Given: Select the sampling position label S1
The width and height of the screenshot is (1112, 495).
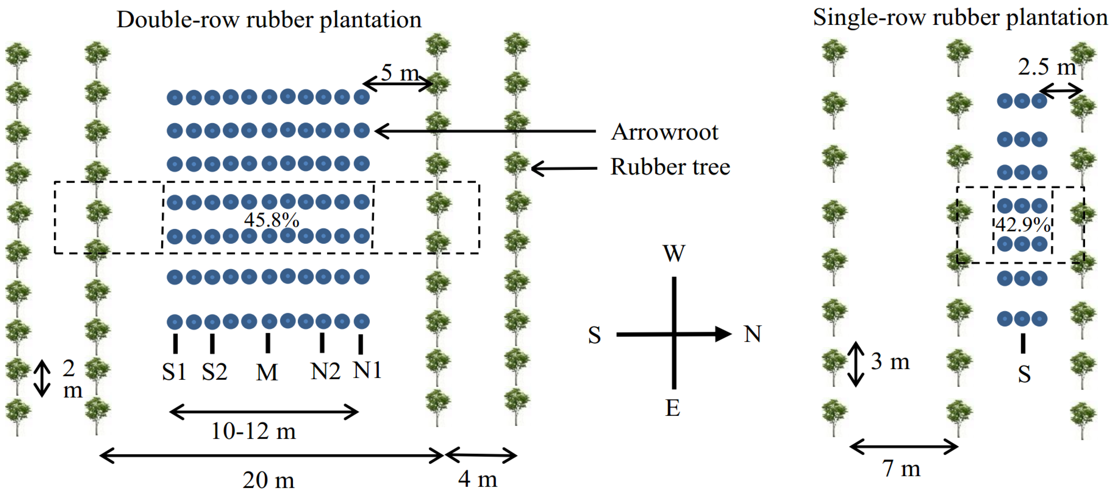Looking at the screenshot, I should (174, 372).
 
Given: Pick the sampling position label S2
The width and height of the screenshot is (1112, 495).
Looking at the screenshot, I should (215, 372).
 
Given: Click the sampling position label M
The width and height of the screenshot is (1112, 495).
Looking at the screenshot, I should (267, 372).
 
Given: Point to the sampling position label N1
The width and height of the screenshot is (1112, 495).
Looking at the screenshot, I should (367, 370).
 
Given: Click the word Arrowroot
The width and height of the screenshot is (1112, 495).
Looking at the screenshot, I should (664, 132).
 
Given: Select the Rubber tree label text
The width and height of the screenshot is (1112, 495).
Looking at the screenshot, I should (670, 167).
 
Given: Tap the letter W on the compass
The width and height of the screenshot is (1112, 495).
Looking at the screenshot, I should (674, 254).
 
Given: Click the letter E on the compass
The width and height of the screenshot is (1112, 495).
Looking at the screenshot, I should (672, 408).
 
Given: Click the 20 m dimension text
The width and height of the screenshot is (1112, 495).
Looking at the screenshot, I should (269, 480).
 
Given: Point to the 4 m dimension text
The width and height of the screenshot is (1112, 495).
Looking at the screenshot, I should (477, 479).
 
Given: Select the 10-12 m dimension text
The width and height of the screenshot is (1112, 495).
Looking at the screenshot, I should (253, 431).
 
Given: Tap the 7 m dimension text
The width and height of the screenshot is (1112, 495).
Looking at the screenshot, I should (901, 469).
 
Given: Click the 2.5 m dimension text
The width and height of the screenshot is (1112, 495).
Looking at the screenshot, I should (1047, 67).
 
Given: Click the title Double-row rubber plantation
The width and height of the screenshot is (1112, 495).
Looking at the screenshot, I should (269, 20).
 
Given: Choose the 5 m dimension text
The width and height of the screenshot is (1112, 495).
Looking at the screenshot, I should (400, 73).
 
